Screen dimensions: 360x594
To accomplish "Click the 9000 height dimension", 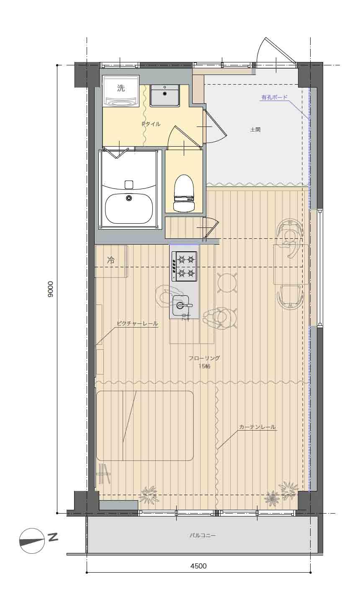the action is (50, 289).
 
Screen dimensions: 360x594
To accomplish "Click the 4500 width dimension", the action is (198, 566).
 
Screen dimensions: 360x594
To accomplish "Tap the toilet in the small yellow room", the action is (184, 193).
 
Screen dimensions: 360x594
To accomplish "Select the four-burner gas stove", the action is (185, 266).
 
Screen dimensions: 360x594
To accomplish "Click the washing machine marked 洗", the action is (121, 91).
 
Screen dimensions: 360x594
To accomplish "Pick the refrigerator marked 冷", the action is (111, 261).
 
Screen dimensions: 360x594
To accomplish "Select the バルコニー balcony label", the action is (203, 535).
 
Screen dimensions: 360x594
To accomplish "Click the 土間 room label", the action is (255, 130).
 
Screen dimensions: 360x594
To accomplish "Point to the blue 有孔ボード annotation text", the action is (274, 97).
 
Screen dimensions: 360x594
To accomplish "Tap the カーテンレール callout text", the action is (257, 427).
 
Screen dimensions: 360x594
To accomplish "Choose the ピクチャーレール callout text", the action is (137, 323).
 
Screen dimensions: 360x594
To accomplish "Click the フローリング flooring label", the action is (204, 358).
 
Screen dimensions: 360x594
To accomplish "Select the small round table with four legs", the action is (227, 283).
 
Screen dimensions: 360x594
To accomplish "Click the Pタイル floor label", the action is (151, 124).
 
